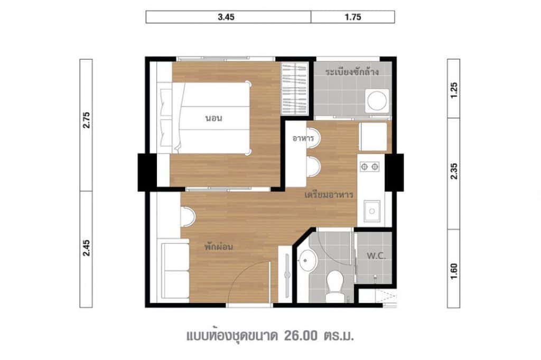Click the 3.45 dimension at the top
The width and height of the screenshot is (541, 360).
click(228, 17)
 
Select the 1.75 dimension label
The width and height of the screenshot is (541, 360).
click(352, 17)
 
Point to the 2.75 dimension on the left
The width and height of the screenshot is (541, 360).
click(87, 124)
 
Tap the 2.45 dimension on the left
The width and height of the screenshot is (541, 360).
click(87, 248)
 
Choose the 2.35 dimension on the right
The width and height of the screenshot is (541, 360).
click(454, 173)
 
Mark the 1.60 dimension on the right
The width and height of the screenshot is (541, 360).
click(454, 268)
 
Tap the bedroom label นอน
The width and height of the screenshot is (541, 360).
click(213, 118)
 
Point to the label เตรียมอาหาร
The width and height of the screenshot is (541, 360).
click(329, 195)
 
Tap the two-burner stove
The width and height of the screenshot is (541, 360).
click(369, 167)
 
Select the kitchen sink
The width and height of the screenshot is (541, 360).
click(372, 212)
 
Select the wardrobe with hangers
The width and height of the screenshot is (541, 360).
click(294, 90)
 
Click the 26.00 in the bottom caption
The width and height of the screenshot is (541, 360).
click(302, 336)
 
